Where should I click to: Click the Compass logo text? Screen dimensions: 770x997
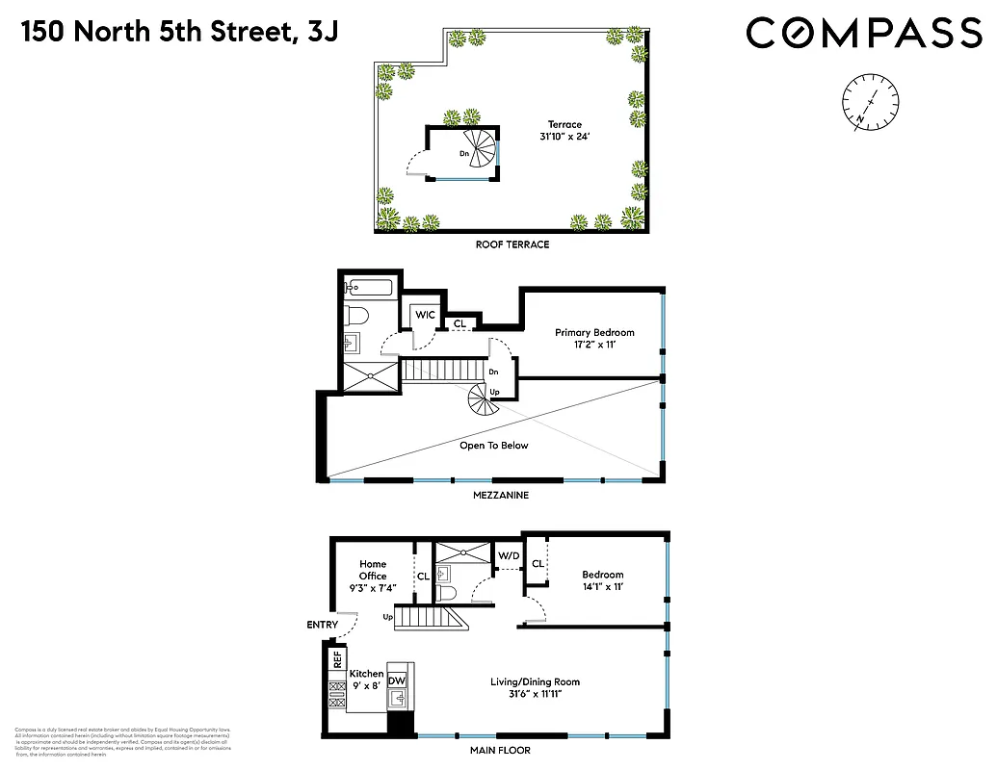[862, 34]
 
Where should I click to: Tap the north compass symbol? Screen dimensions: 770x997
[870, 102]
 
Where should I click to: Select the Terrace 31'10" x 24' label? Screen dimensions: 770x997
[564, 131]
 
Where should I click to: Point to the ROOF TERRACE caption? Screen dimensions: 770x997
[512, 244]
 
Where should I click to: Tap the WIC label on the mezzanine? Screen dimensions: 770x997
[424, 315]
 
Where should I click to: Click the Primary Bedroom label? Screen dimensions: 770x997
[594, 339]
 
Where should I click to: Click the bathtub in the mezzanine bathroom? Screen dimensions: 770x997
[369, 288]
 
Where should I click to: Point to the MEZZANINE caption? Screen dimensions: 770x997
[500, 496]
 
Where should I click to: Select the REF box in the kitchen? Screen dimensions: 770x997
[337, 660]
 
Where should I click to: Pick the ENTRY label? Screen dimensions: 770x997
[323, 626]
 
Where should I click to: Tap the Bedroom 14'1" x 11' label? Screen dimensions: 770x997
[602, 580]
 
